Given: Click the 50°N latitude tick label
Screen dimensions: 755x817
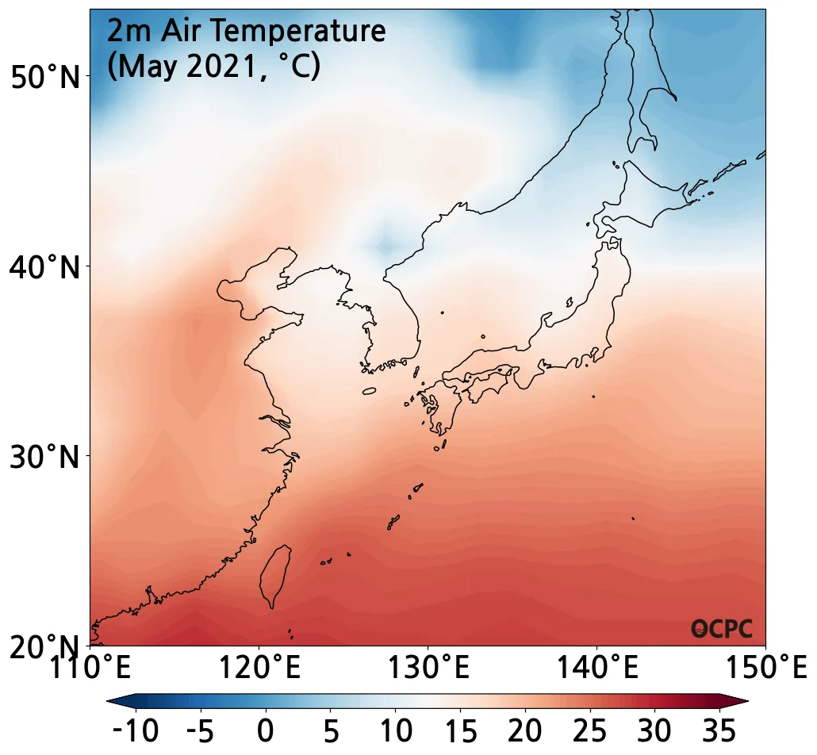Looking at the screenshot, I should (45, 77).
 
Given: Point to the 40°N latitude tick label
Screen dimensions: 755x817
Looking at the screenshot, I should (45, 267).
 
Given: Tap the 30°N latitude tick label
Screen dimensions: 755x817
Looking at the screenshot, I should (45, 458).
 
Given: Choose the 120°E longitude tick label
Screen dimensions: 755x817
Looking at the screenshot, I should (259, 667).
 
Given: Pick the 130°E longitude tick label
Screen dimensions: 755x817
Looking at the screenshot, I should (428, 667).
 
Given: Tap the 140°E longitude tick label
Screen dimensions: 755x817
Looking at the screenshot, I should (596, 667).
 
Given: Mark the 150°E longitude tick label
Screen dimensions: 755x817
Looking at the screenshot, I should (764, 667).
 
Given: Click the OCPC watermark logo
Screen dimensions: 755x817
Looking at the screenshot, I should (722, 629).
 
